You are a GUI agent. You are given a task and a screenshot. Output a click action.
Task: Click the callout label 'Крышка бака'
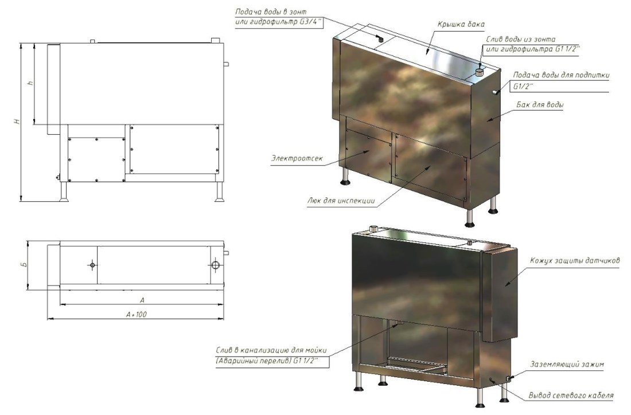[461, 24]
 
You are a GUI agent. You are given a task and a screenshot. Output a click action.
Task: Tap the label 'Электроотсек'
[297, 158]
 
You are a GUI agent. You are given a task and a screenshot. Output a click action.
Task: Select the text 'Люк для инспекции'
[341, 200]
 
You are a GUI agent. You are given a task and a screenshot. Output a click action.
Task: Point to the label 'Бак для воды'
[540, 105]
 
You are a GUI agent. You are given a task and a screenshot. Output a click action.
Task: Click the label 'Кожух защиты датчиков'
[575, 261]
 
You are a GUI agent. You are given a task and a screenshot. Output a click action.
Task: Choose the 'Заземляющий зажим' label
[567, 365]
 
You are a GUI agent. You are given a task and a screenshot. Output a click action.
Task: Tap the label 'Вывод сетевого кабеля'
[571, 396]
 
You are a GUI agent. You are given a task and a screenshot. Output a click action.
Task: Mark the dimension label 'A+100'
[136, 314]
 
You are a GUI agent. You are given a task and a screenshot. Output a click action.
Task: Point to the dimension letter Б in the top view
[24, 265]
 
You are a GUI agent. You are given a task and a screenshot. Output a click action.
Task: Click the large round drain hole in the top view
[216, 265]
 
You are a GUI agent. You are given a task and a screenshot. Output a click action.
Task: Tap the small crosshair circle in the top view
[92, 265]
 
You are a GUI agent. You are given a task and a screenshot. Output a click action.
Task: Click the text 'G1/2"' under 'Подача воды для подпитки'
[523, 86]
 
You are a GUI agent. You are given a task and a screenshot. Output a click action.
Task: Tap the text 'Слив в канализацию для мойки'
[271, 350]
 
